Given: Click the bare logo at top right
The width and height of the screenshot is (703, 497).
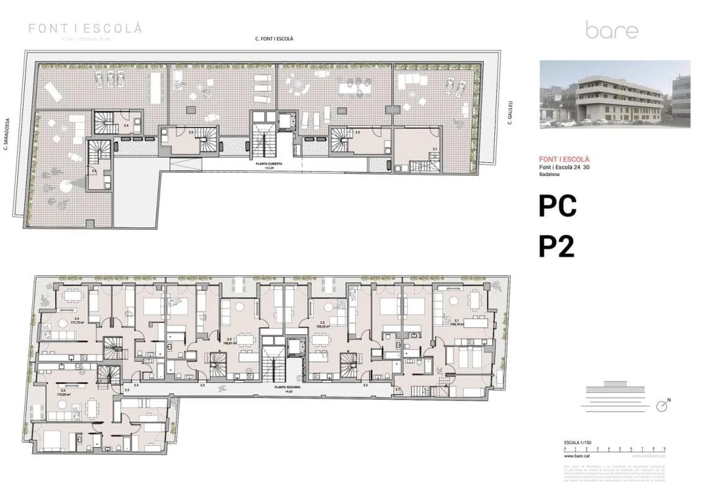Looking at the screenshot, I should point(611,30).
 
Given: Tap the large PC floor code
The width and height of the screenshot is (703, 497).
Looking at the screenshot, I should point(557,207).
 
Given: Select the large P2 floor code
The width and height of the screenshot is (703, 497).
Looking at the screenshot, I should point(556,247).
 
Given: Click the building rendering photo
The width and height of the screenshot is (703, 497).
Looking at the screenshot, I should point(614,94).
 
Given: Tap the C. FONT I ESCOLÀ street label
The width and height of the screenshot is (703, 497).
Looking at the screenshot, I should point(274,39).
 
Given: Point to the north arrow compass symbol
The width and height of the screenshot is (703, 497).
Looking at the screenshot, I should point(663,406).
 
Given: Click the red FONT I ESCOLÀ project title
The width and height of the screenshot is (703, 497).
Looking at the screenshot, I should point(564,160).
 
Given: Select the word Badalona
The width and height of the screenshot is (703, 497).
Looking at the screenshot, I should point(551,175).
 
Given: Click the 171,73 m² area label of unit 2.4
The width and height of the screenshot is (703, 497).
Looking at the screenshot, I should point(78,322).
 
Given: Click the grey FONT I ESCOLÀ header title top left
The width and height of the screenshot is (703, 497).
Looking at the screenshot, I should point(86,29).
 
